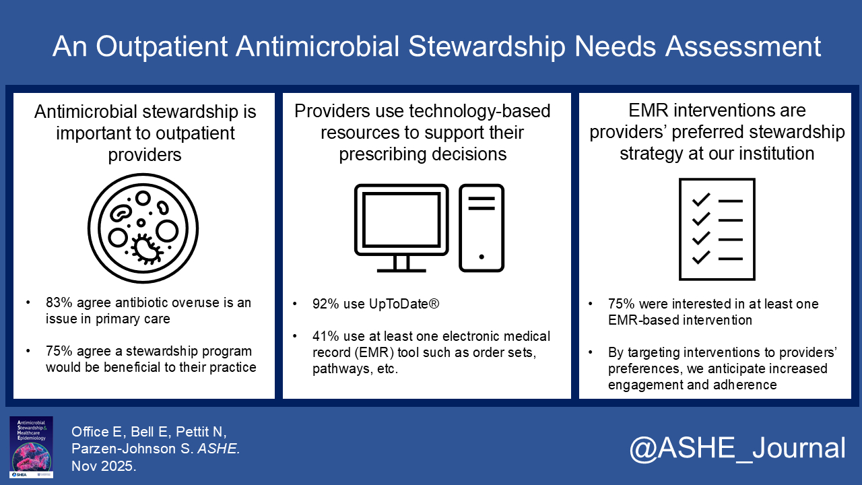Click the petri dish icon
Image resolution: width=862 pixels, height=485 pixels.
pos(143,228)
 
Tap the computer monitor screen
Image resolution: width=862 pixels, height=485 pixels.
pos(401,220)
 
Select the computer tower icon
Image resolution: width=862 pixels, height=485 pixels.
pos(482,228)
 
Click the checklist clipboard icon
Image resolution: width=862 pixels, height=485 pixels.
pos(717,229)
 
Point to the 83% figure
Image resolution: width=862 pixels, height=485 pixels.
pos(59,302)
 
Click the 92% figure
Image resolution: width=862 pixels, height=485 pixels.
pos(325,304)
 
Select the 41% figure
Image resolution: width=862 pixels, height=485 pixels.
pos(325,336)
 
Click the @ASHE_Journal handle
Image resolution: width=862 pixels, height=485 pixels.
pos(737,448)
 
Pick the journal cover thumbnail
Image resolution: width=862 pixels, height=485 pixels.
pos(31,447)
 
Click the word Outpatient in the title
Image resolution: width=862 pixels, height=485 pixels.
pos(162,46)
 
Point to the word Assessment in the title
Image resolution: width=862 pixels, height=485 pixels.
pos(743,46)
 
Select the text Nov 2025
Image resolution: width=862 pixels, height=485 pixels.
pos(104,466)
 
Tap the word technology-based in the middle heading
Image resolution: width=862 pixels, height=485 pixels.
pos(479,112)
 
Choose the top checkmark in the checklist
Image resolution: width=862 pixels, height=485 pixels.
pos(701,199)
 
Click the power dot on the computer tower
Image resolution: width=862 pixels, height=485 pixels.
pos(482,257)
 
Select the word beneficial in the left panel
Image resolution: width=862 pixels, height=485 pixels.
pos(133,367)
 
